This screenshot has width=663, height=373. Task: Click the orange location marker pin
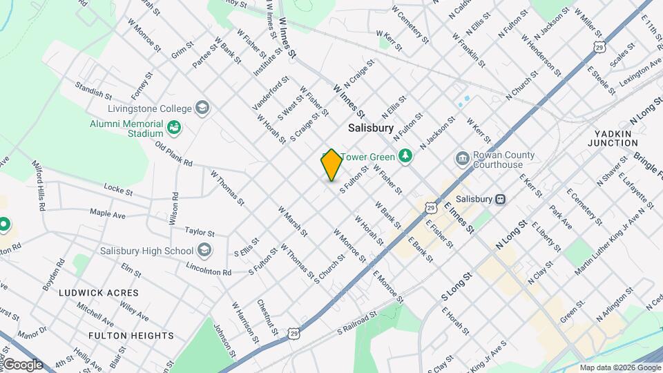331,165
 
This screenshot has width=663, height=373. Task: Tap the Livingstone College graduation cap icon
202,108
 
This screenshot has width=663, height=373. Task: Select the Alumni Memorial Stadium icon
174,128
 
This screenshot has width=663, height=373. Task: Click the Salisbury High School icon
204,250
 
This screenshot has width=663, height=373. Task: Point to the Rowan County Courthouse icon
461,160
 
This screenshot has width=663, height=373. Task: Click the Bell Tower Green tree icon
407,157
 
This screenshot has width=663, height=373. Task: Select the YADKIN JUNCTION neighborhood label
613,137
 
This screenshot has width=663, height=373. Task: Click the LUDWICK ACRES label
98,293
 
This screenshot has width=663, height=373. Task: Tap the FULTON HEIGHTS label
131,336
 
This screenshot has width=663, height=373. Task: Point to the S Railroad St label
358,321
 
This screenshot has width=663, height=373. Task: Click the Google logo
23,365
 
